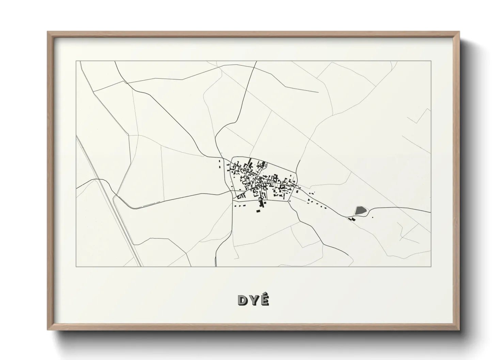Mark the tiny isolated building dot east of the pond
[x=373, y=217]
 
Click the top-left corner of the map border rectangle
[x=76, y=61]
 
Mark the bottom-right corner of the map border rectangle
[x=431, y=266]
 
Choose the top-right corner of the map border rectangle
[x=431, y=61]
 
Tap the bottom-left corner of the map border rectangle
[x=76, y=266]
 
